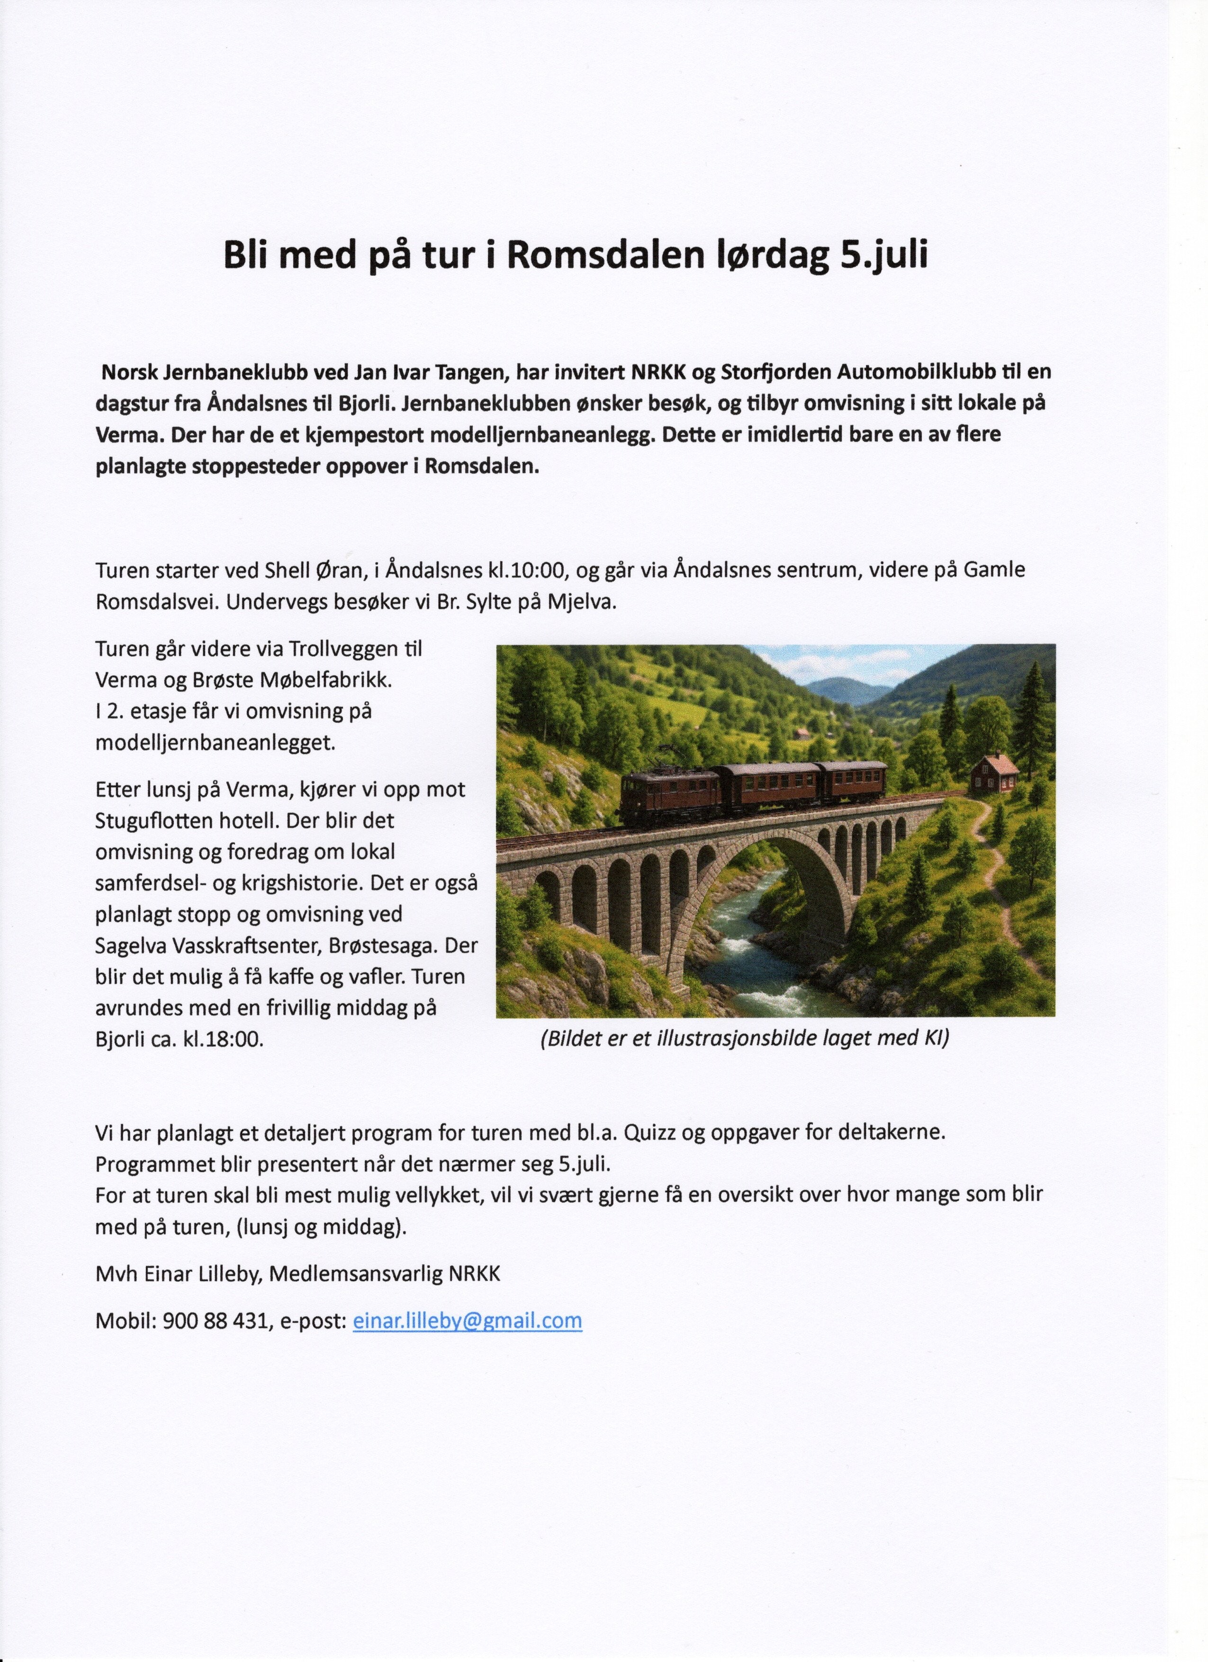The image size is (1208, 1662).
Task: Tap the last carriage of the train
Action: [x=852, y=781]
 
